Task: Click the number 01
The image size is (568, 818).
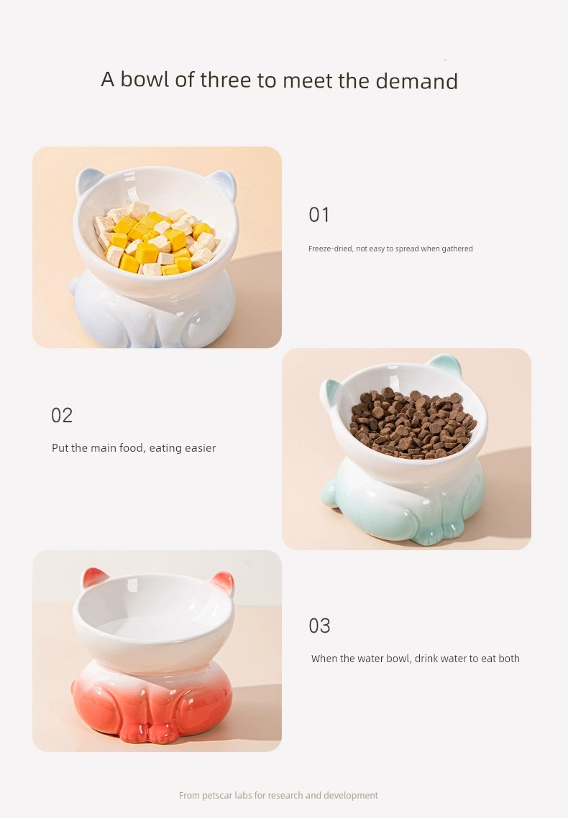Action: [319, 215]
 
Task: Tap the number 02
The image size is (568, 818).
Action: [62, 415]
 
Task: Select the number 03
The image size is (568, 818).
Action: [319, 626]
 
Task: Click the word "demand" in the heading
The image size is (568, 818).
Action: [416, 81]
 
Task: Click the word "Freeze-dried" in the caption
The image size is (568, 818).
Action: [331, 248]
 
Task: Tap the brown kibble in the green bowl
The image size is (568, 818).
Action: [413, 423]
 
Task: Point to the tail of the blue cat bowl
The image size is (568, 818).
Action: [75, 285]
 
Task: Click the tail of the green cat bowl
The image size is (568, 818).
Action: [329, 493]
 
